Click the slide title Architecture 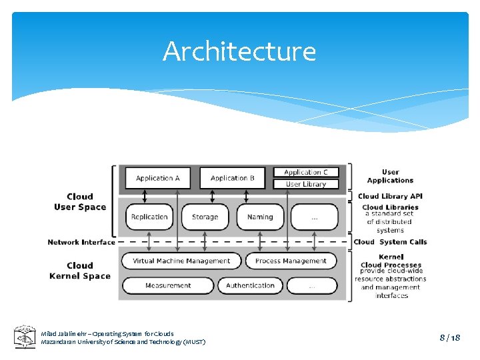[x=239, y=51]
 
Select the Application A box [x=158, y=178]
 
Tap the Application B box [x=233, y=178]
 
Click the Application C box [x=306, y=173]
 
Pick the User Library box [x=306, y=184]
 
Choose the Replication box [x=149, y=217]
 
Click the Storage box [x=205, y=217]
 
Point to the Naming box [x=260, y=217]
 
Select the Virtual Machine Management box [x=181, y=261]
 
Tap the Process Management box [x=291, y=261]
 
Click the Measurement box [x=168, y=285]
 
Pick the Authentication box [x=250, y=285]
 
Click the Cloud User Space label [x=80, y=202]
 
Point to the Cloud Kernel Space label [x=80, y=271]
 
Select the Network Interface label [x=81, y=242]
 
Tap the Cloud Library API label [x=390, y=196]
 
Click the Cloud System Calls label [x=390, y=242]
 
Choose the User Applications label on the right [x=390, y=176]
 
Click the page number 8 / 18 [x=449, y=338]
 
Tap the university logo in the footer [x=25, y=337]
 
